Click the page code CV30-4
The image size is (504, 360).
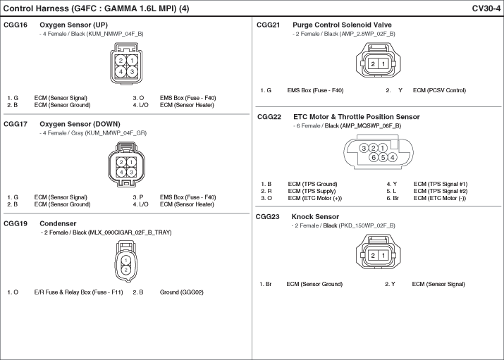click(486, 8)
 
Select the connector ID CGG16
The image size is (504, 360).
click(16, 25)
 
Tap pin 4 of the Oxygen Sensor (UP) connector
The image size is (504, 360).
click(121, 72)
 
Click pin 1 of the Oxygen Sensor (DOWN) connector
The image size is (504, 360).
click(131, 162)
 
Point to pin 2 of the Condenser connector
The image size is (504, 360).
click(126, 270)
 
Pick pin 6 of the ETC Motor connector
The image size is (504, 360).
click(374, 157)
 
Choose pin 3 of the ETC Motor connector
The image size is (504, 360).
click(364, 148)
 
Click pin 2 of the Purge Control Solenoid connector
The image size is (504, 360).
click(373, 64)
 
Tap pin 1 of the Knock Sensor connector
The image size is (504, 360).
click(383, 256)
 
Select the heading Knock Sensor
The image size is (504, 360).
click(315, 217)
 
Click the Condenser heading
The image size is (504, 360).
click(58, 223)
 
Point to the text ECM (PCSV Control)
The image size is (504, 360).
click(439, 91)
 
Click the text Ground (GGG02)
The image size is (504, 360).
click(182, 292)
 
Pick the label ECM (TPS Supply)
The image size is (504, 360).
click(312, 191)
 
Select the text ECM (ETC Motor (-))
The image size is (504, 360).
click(440, 198)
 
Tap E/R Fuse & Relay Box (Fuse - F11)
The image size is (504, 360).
click(78, 292)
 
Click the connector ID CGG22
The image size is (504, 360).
click(269, 117)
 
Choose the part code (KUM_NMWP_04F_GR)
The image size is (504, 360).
click(116, 133)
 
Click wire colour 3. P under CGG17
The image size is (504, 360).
click(138, 197)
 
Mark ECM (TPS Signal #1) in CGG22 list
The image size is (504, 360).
click(441, 184)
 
